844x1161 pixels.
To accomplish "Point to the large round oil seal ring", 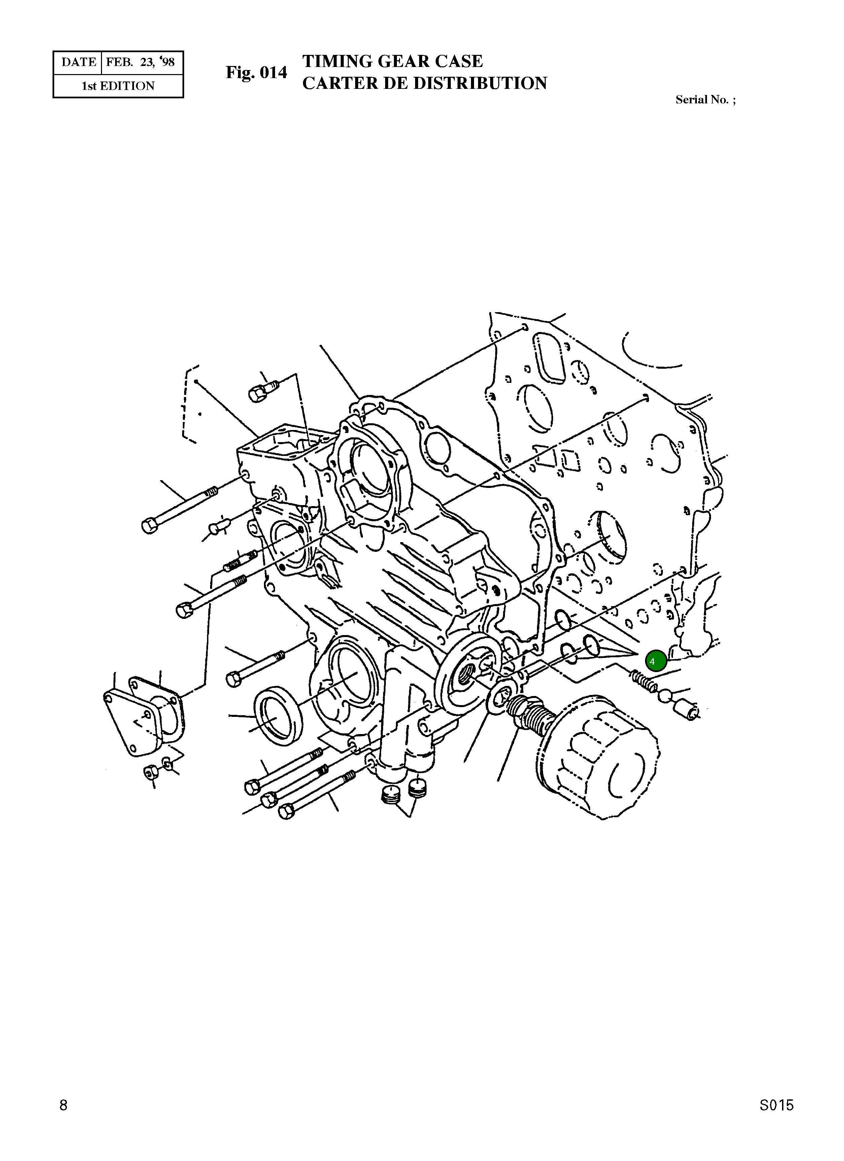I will (278, 717).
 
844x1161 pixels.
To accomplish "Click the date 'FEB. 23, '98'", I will (140, 62).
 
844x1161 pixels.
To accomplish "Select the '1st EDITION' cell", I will (118, 86).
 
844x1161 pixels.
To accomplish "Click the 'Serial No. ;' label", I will (705, 100).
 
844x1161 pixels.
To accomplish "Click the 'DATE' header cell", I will (78, 62).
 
